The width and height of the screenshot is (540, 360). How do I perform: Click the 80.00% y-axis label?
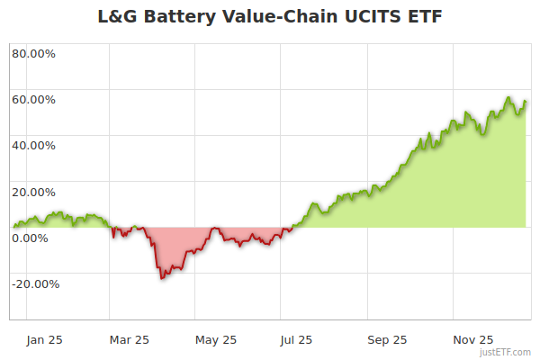click(33, 53)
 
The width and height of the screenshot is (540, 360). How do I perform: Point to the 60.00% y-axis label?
click(33, 99)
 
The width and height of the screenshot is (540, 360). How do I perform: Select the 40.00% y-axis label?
click(33, 145)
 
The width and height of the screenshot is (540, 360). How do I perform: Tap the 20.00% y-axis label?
click(33, 192)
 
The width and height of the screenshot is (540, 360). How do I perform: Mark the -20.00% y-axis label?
click(35, 284)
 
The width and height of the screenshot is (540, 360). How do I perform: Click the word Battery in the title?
click(182, 16)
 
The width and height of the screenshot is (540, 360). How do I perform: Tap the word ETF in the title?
click(422, 16)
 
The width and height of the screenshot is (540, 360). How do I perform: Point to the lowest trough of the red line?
click(162, 278)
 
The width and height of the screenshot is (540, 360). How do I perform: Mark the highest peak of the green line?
click(508, 98)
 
